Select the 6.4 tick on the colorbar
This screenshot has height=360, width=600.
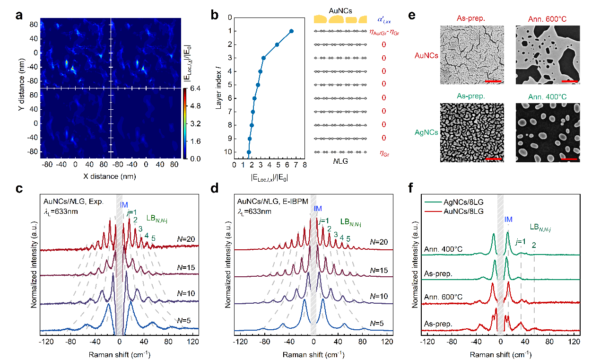pyautogui.click(x=196, y=88)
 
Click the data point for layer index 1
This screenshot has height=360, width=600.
pyautogui.click(x=291, y=31)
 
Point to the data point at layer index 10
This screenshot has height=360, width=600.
pyautogui.click(x=249, y=152)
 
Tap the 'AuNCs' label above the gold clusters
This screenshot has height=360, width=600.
pyautogui.click(x=340, y=9)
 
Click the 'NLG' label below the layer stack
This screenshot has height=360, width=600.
pyautogui.click(x=340, y=160)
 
